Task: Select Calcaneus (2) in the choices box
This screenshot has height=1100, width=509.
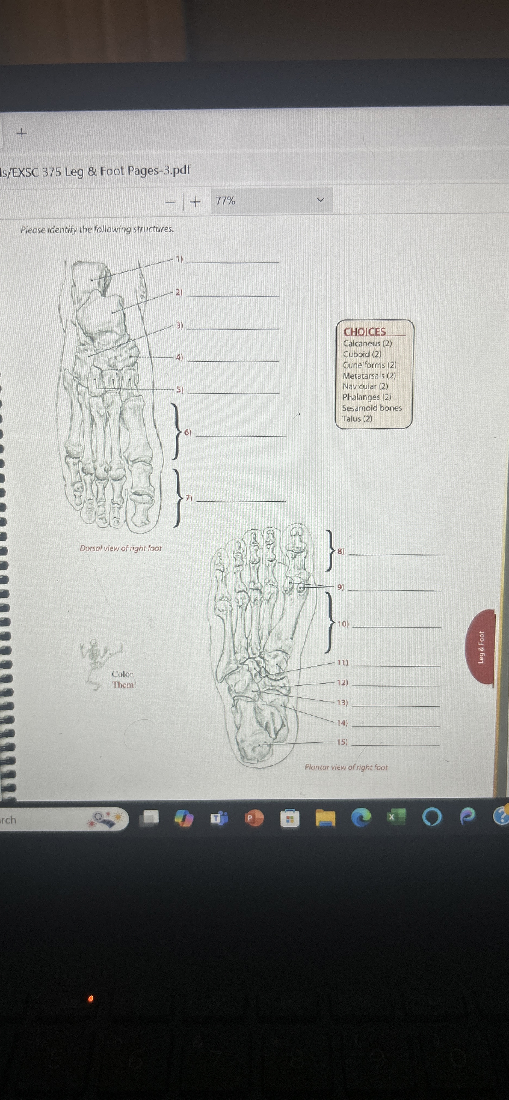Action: pyautogui.click(x=367, y=343)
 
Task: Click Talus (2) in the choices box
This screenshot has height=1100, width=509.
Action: pyautogui.click(x=357, y=419)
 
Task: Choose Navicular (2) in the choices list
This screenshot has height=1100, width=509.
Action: pyautogui.click(x=365, y=386)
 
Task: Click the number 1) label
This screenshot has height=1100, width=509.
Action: pyautogui.click(x=179, y=259)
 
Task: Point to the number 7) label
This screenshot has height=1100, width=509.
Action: pyautogui.click(x=188, y=498)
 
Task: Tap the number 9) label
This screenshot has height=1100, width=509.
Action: pyautogui.click(x=340, y=587)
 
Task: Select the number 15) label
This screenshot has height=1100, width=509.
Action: pyautogui.click(x=342, y=742)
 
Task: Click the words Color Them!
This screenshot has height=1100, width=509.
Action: pyautogui.click(x=123, y=679)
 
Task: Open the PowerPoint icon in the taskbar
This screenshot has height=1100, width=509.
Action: pyautogui.click(x=253, y=818)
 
